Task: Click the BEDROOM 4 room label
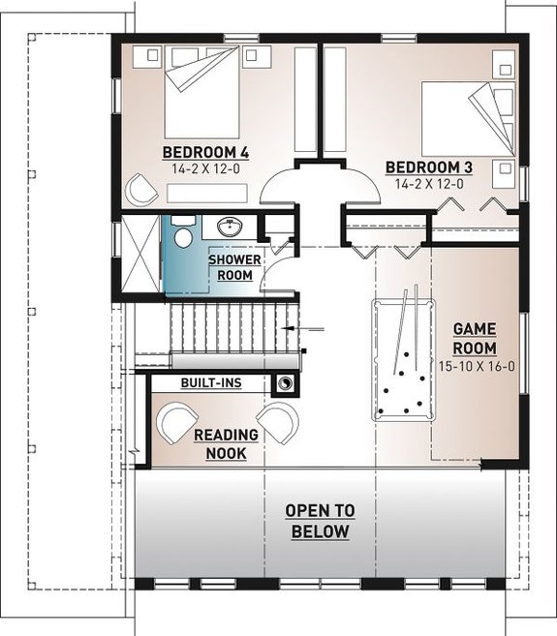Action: point(205,152)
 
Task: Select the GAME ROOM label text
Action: point(475,339)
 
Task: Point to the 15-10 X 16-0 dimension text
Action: point(475,368)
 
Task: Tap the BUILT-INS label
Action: point(210,383)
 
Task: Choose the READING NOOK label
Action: point(225,444)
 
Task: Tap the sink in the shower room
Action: point(230,228)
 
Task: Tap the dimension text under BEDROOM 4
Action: point(205,168)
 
